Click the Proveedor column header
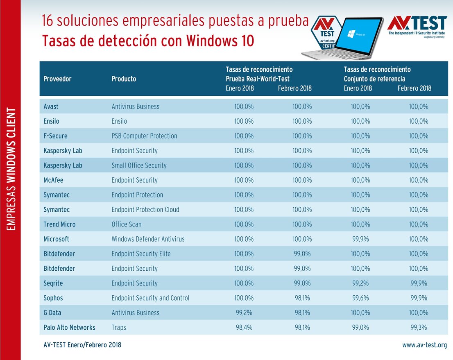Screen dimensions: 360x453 (x=57, y=79)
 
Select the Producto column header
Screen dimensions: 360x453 (x=124, y=79)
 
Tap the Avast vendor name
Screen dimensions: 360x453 (x=51, y=106)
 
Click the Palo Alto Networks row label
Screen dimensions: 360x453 (x=69, y=327)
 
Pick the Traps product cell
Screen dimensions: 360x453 (x=119, y=327)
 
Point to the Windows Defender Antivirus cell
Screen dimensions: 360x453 (x=148, y=239)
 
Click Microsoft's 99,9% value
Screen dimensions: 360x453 (x=360, y=239)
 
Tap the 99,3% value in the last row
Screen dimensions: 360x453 (x=419, y=327)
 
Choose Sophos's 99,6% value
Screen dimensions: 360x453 (x=360, y=298)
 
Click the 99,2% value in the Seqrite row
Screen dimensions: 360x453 (x=360, y=283)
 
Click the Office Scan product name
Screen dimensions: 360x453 (x=127, y=224)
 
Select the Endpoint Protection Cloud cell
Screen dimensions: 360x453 (x=145, y=209)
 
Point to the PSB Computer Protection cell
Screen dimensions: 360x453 (x=144, y=136)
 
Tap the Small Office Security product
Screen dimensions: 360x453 (x=139, y=165)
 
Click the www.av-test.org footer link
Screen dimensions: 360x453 (x=424, y=345)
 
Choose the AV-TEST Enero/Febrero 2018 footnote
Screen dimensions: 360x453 (x=82, y=345)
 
